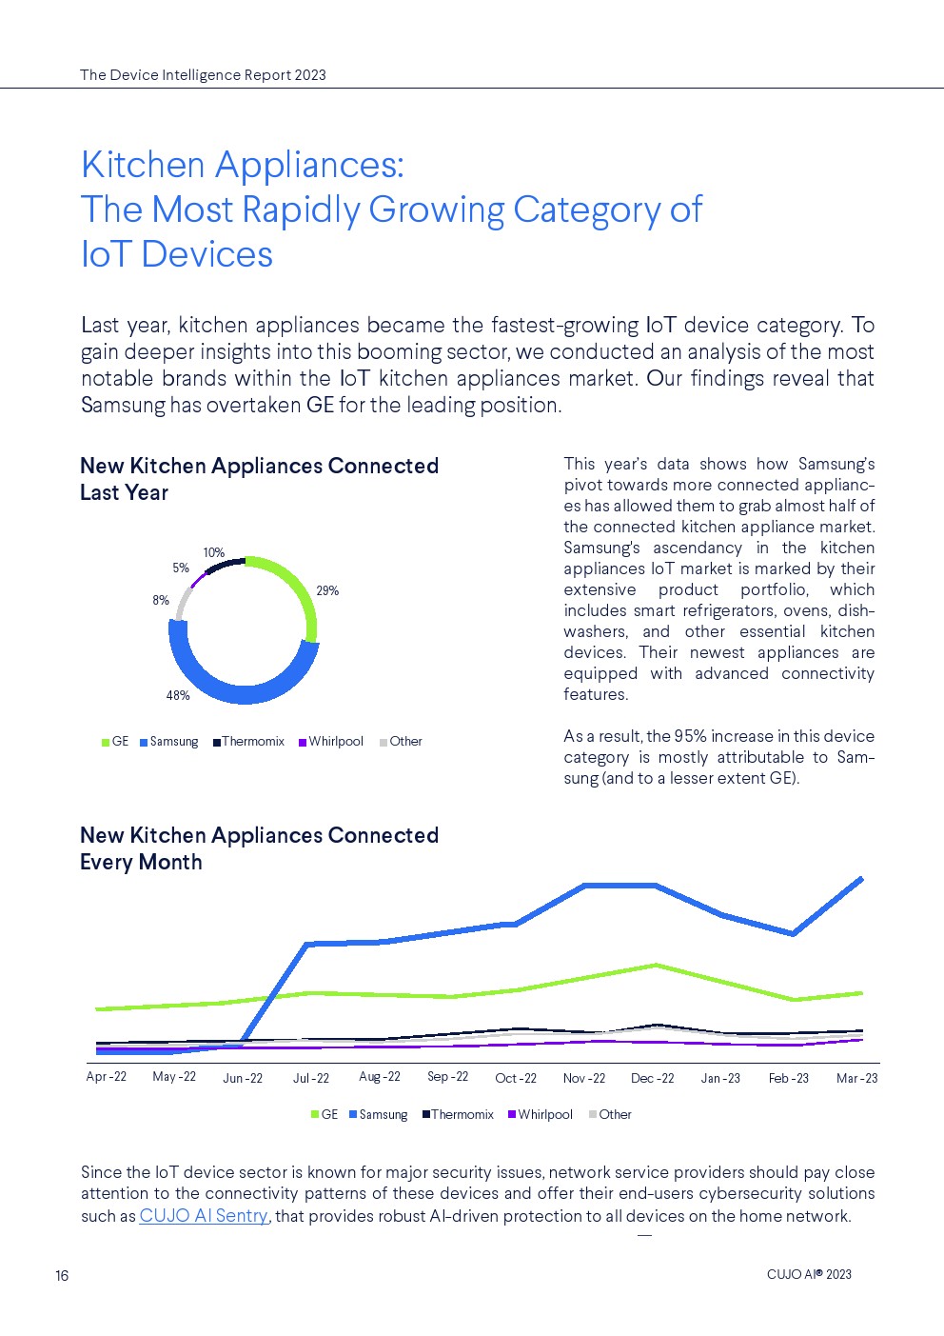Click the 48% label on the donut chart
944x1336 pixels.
click(x=178, y=696)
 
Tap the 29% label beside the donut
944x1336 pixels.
click(x=327, y=591)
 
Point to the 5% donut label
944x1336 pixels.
click(x=181, y=568)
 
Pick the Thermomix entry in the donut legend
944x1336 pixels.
click(x=249, y=742)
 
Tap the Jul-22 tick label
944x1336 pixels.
click(x=311, y=1079)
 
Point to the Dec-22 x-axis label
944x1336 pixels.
click(x=652, y=1079)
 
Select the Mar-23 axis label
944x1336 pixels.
click(x=856, y=1079)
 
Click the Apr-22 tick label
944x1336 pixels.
click(x=106, y=1077)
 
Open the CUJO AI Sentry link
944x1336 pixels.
click(x=204, y=1216)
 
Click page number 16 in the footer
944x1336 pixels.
click(x=62, y=1276)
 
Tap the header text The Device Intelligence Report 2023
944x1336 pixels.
click(x=203, y=75)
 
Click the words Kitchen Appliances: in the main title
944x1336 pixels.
click(x=243, y=165)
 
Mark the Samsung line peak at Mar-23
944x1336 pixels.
click(x=861, y=878)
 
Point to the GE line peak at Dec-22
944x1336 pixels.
click(x=655, y=965)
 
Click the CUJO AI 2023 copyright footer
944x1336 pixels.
click(x=809, y=1275)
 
